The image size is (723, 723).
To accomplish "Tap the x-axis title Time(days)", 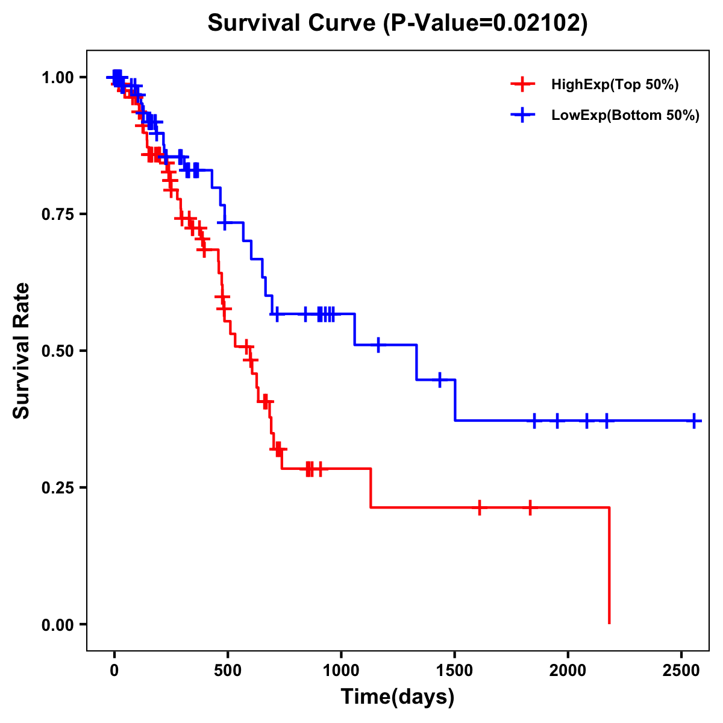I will (x=398, y=696).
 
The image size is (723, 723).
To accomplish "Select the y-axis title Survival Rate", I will (x=22, y=350).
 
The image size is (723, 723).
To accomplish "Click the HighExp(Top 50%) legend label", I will (x=615, y=85).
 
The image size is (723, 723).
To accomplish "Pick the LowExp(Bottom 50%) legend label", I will (x=625, y=116).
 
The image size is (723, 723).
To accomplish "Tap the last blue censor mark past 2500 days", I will (x=694, y=421).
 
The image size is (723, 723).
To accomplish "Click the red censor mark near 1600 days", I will (x=479, y=508).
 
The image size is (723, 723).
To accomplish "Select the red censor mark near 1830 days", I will (x=530, y=508).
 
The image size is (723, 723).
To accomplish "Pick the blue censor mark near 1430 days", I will (x=440, y=380).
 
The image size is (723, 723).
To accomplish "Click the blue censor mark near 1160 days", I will (x=378, y=345).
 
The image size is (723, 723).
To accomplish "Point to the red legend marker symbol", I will (x=522, y=85).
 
